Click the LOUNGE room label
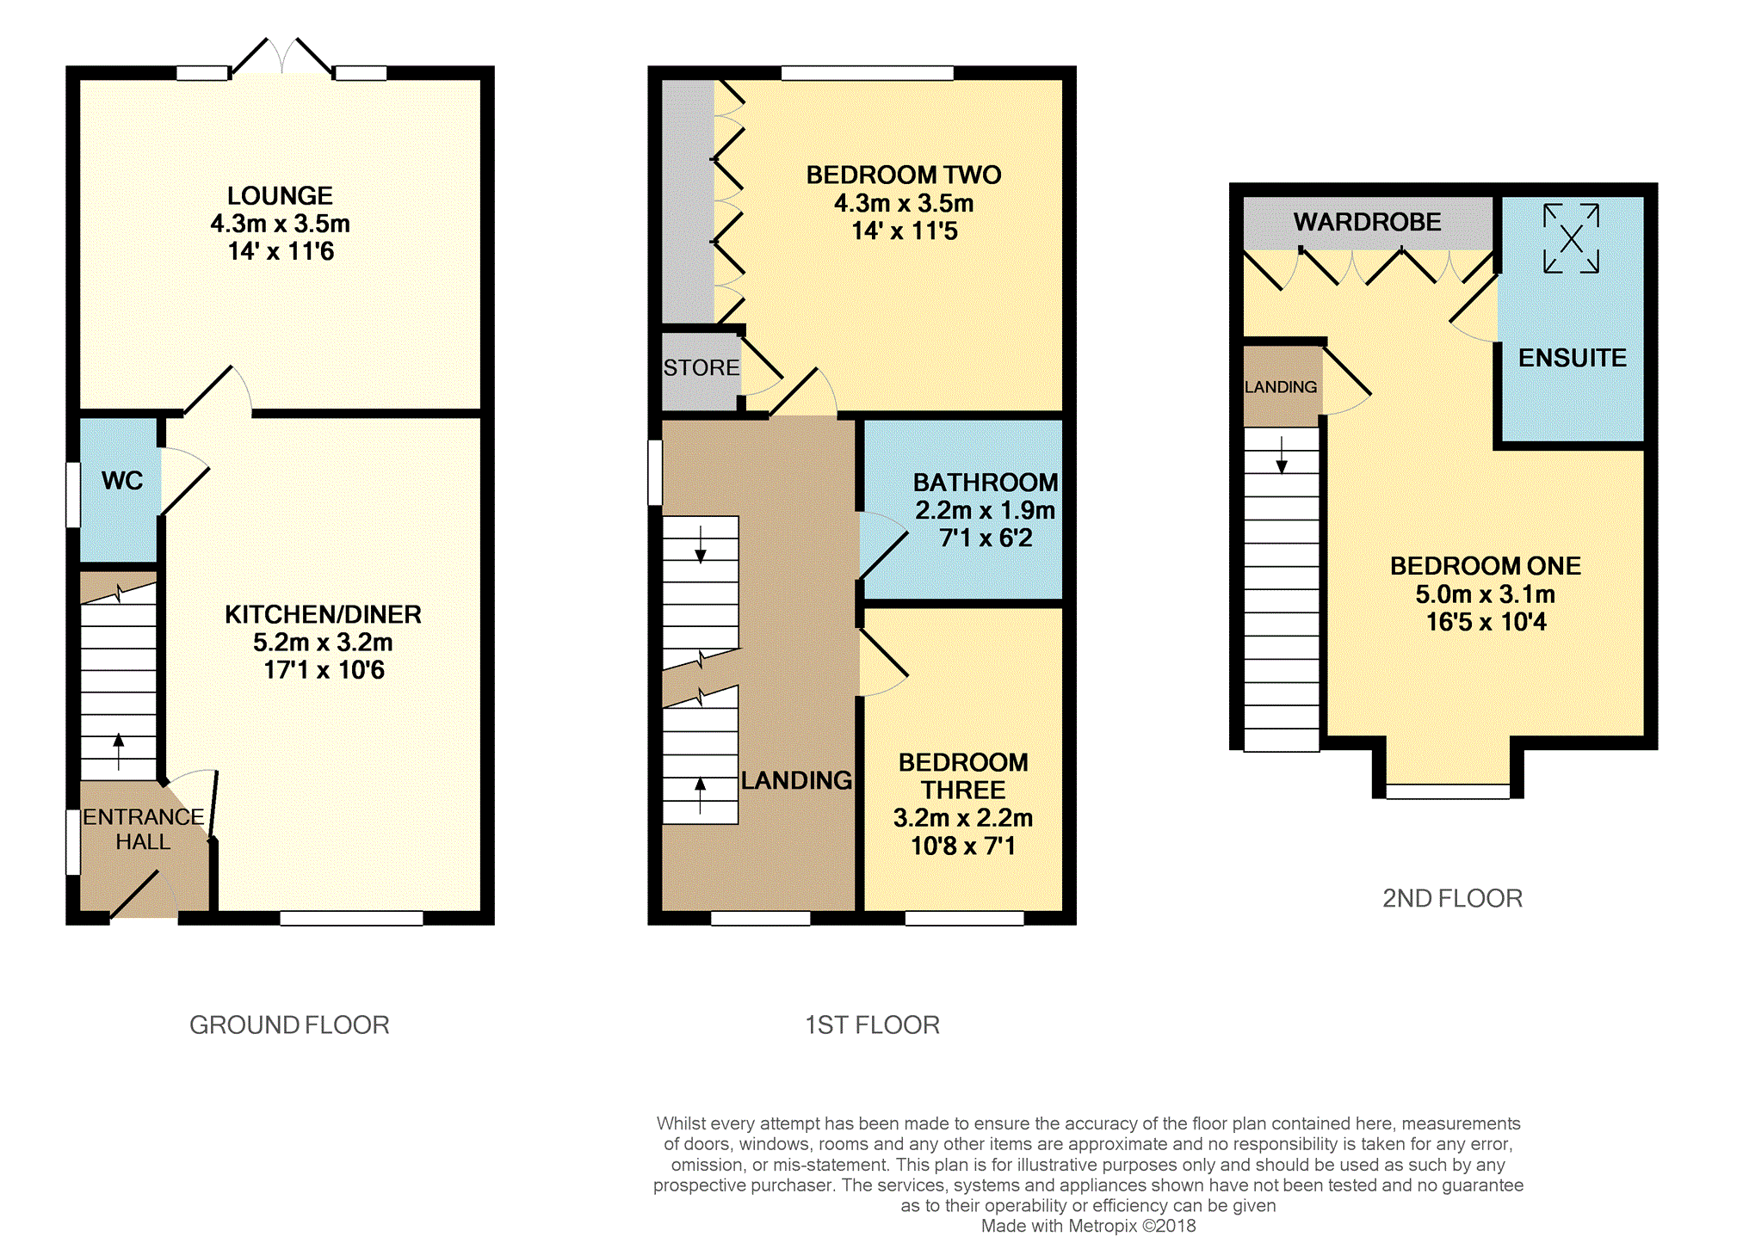(x=280, y=196)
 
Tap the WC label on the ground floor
(x=122, y=481)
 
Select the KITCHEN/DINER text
(x=323, y=614)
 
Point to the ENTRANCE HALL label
(x=143, y=829)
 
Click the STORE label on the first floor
(x=701, y=368)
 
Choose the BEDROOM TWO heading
(x=904, y=175)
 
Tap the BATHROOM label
(x=986, y=483)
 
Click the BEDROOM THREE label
(x=963, y=776)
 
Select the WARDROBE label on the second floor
(x=1367, y=222)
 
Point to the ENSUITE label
(x=1572, y=358)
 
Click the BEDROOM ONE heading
(x=1486, y=566)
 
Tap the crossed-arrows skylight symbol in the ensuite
(x=1571, y=238)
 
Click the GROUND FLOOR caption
(x=289, y=1025)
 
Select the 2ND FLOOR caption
(x=1452, y=898)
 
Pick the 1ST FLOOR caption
(x=872, y=1025)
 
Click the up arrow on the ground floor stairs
(x=119, y=752)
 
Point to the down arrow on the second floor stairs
(x=1282, y=455)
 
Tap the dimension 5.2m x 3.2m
(x=323, y=643)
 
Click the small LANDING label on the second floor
(x=1281, y=387)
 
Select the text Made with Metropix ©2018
(x=1088, y=1226)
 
